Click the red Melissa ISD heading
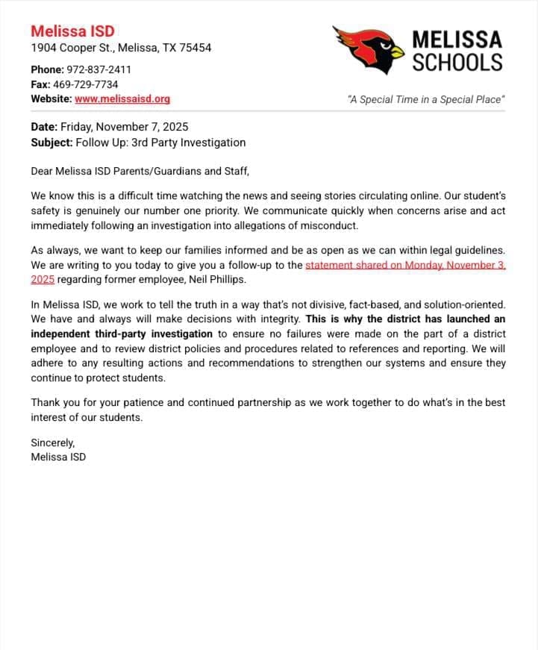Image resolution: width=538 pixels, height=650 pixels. (72, 31)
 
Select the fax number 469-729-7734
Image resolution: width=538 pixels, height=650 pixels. (85, 84)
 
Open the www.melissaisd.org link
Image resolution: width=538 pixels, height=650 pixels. (122, 99)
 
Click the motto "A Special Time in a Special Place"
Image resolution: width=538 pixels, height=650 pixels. (426, 99)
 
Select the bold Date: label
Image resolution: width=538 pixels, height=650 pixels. (44, 127)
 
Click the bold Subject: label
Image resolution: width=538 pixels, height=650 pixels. (51, 142)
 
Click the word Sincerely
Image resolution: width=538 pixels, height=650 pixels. (53, 443)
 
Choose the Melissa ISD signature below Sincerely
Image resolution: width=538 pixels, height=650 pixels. (58, 457)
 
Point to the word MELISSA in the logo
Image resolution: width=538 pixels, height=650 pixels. (457, 39)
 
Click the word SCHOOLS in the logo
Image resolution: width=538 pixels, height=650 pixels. (457, 63)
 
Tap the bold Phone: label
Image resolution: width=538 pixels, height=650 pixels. (48, 69)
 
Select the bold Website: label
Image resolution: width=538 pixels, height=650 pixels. (51, 99)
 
